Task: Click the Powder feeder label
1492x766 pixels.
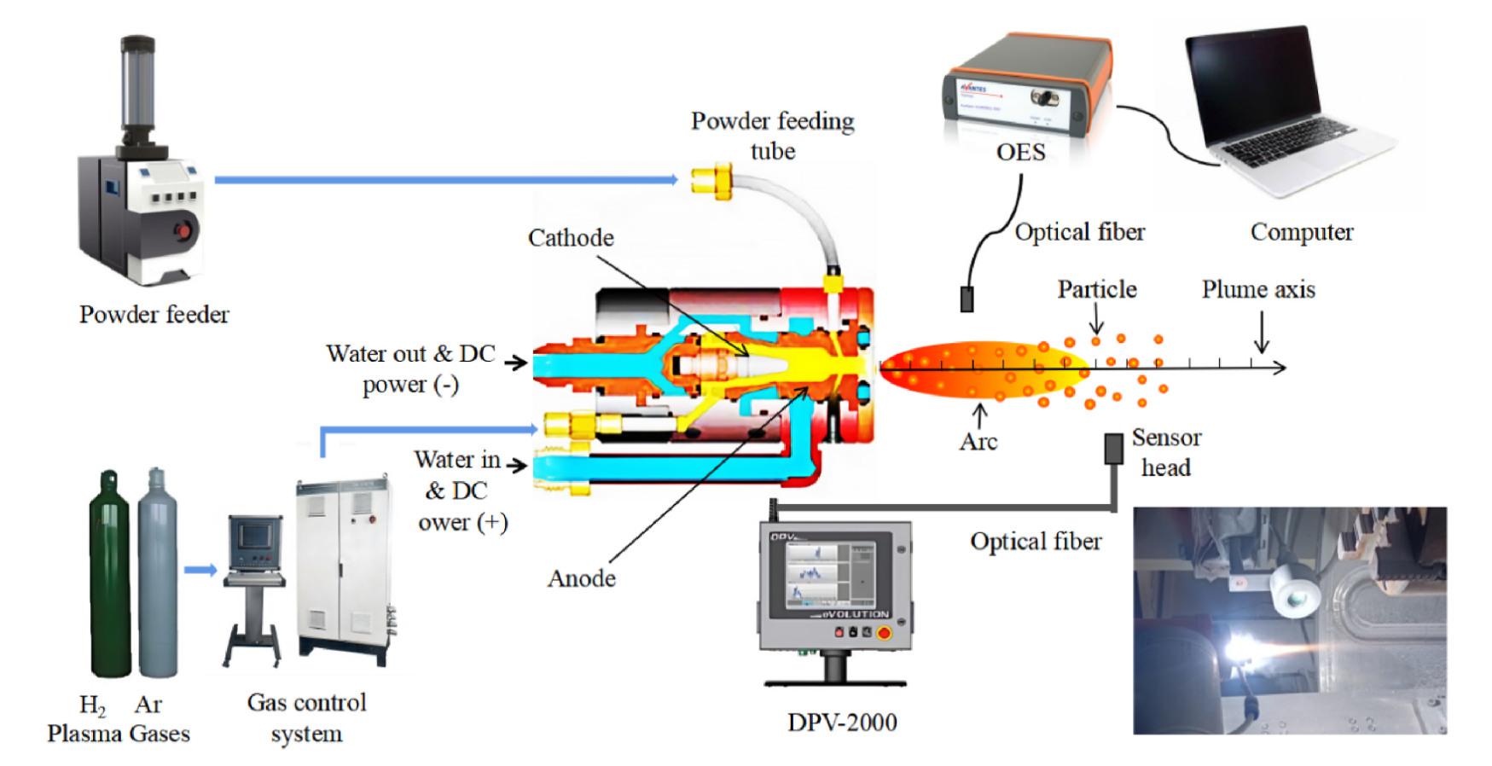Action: click(154, 314)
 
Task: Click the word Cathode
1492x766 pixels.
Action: click(571, 237)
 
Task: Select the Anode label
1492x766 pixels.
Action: click(582, 578)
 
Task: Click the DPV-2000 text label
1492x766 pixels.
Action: click(842, 722)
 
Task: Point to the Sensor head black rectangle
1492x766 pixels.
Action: click(1113, 449)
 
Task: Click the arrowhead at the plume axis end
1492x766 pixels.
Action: click(1280, 368)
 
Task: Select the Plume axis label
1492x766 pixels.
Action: click(1258, 289)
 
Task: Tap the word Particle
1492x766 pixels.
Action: click(1097, 289)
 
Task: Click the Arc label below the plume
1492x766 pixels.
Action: click(978, 441)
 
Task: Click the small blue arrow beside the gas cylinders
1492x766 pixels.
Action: click(200, 570)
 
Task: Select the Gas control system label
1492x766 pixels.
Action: click(306, 717)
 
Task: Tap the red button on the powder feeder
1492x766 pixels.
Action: click(182, 230)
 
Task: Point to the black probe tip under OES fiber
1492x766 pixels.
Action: click(967, 299)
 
